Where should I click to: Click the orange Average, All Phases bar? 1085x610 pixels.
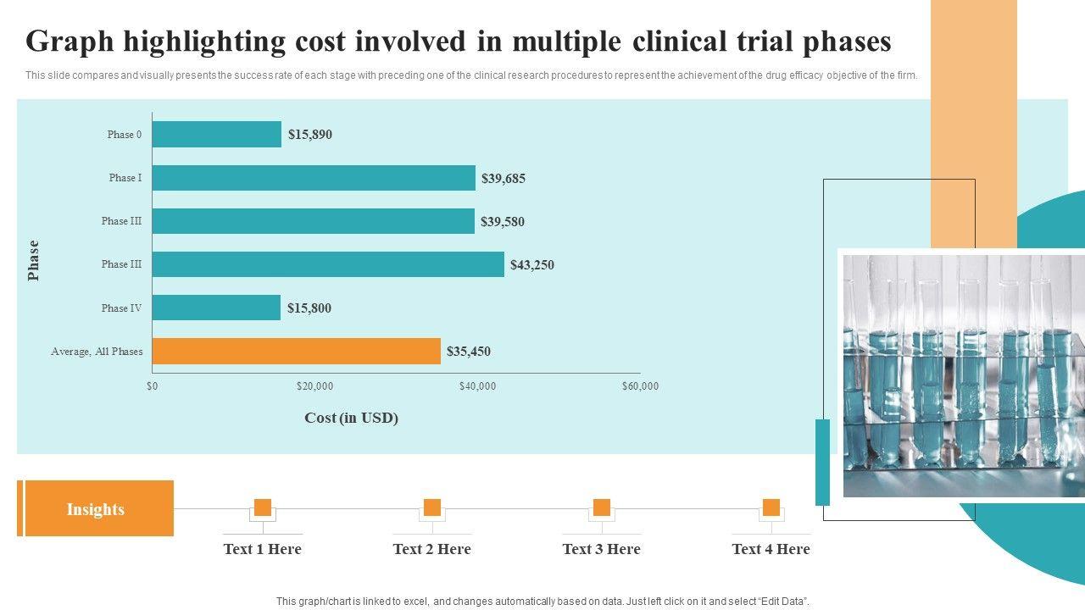click(x=297, y=352)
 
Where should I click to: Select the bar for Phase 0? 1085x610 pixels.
click(x=217, y=135)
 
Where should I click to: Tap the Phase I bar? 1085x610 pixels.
click(x=314, y=178)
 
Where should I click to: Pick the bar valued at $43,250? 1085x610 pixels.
click(x=328, y=264)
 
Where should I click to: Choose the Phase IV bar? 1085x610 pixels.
click(x=216, y=308)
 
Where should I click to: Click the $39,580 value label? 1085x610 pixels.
click(x=503, y=222)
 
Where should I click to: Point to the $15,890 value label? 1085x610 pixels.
click(x=310, y=134)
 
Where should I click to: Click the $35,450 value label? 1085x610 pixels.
click(x=469, y=352)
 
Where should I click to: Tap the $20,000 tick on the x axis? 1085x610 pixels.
click(x=314, y=386)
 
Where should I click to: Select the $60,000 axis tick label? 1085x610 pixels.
click(x=640, y=386)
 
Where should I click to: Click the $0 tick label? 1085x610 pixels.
click(x=152, y=386)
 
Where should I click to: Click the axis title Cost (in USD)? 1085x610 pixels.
click(x=351, y=418)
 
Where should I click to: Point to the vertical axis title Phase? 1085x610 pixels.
click(x=34, y=260)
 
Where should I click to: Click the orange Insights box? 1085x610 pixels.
click(x=96, y=509)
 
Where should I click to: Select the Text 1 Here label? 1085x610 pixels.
click(x=262, y=549)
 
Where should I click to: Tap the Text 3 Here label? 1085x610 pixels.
click(x=601, y=549)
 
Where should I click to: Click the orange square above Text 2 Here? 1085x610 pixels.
click(x=432, y=507)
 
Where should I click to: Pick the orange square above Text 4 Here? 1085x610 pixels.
click(x=771, y=507)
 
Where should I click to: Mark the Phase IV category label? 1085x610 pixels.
click(x=121, y=308)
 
